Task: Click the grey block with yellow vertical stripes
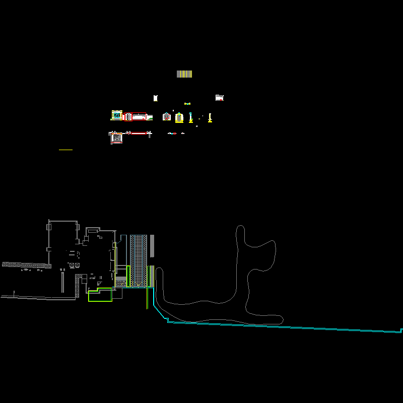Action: [x=184, y=74]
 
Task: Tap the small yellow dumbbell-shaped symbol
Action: [x=187, y=104]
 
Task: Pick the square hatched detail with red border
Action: [x=117, y=137]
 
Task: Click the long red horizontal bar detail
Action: [x=139, y=133]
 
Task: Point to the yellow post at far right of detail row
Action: [x=210, y=118]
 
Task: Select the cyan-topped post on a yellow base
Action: [x=190, y=117]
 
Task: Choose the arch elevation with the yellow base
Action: [x=179, y=117]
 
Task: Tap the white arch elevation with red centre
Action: [x=166, y=117]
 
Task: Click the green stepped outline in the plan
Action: [x=100, y=295]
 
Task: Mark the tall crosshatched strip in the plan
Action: [x=139, y=260]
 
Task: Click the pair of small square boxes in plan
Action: [x=74, y=265]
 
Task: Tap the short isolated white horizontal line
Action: [x=65, y=150]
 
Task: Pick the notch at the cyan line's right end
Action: [x=401, y=330]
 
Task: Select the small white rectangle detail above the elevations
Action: [x=156, y=98]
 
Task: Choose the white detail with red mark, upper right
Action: [x=219, y=98]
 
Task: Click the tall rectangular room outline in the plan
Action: [x=63, y=242]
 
